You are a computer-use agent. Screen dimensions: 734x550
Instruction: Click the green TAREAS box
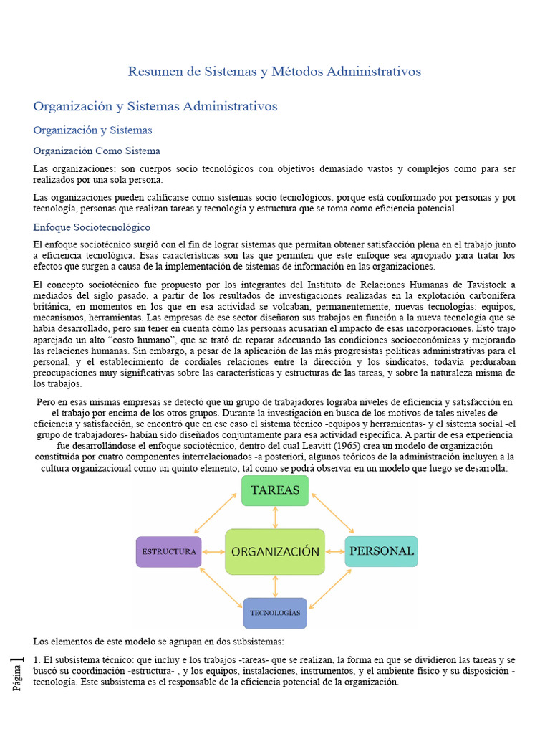pyautogui.click(x=275, y=490)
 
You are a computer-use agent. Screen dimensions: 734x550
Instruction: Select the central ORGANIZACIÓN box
pyautogui.click(x=275, y=551)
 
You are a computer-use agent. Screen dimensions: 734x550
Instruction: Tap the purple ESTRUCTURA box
pyautogui.click(x=169, y=551)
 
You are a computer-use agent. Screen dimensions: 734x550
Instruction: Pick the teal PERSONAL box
pyautogui.click(x=381, y=551)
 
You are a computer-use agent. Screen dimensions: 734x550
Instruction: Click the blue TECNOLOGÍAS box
pyautogui.click(x=275, y=613)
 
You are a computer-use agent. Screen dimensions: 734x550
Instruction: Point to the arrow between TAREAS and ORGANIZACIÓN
pyautogui.click(x=275, y=518)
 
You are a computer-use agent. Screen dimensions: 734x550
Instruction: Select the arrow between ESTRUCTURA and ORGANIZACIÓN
pyautogui.click(x=213, y=552)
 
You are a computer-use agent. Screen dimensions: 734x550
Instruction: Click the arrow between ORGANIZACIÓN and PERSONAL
pyautogui.click(x=335, y=552)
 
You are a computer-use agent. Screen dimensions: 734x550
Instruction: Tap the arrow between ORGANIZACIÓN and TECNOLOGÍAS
pyautogui.click(x=275, y=586)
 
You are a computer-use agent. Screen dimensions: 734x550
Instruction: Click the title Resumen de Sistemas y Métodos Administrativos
pyautogui.click(x=274, y=72)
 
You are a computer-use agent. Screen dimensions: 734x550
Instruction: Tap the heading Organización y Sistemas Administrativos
pyautogui.click(x=155, y=106)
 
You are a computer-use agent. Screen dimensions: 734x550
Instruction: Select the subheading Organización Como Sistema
pyautogui.click(x=97, y=151)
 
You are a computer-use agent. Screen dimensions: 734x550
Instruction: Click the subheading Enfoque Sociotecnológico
pyautogui.click(x=92, y=227)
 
